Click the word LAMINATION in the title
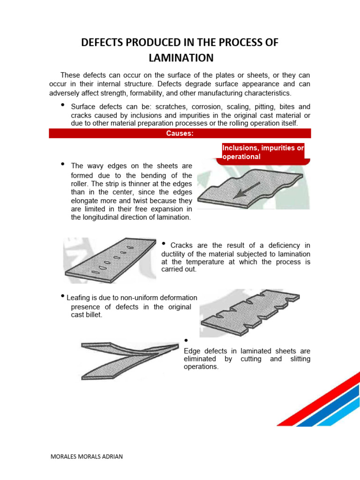180,58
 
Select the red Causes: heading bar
180,134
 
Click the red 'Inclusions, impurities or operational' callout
263,152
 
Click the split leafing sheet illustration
129,359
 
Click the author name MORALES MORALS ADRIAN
86,457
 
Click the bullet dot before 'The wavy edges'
62,164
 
